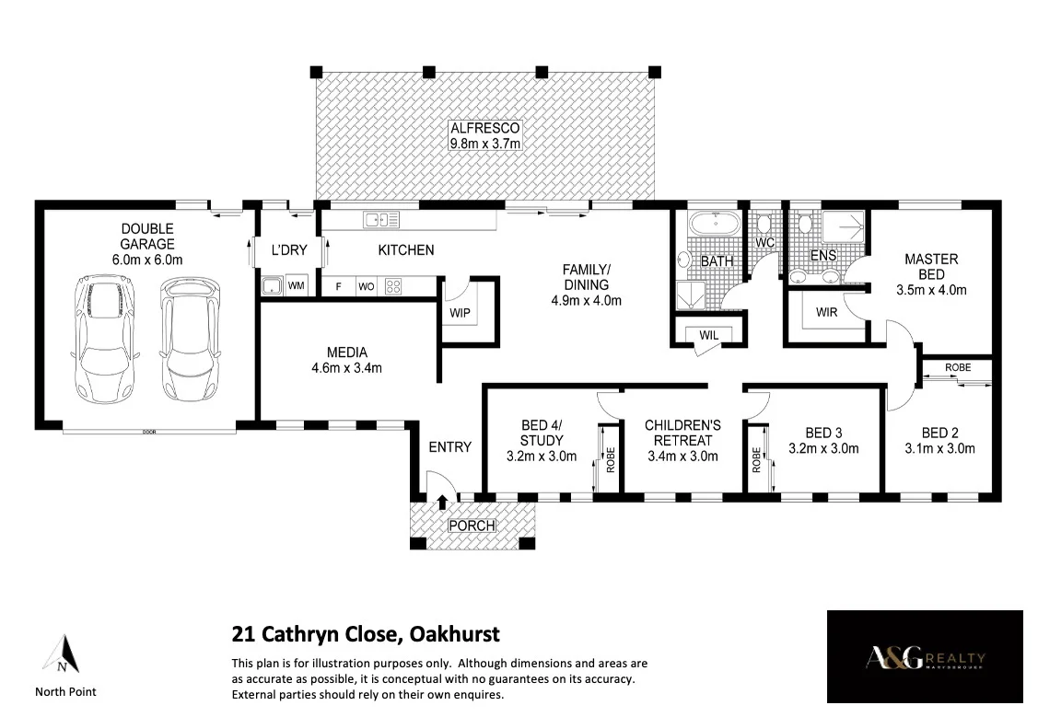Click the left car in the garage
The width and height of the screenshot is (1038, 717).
click(105, 340)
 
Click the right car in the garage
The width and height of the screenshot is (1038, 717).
click(192, 340)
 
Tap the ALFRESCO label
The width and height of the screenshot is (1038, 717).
click(484, 129)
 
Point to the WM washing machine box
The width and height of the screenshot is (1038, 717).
click(297, 286)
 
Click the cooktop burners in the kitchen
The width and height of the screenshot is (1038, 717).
click(393, 286)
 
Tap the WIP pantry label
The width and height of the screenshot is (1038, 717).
click(460, 313)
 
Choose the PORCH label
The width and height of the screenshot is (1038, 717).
click(472, 526)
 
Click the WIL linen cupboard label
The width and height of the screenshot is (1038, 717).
click(708, 335)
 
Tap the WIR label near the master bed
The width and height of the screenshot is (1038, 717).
click(826, 312)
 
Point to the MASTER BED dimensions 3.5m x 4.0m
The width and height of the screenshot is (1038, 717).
click(931, 289)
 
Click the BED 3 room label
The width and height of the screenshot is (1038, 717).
click(823, 433)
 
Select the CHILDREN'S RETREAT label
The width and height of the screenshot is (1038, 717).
click(682, 433)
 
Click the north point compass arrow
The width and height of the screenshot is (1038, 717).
click(63, 654)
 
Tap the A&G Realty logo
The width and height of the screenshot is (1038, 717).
click(925, 659)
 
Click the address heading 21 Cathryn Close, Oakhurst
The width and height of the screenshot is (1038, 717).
click(365, 634)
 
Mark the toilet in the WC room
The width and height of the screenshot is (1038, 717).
click(764, 224)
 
